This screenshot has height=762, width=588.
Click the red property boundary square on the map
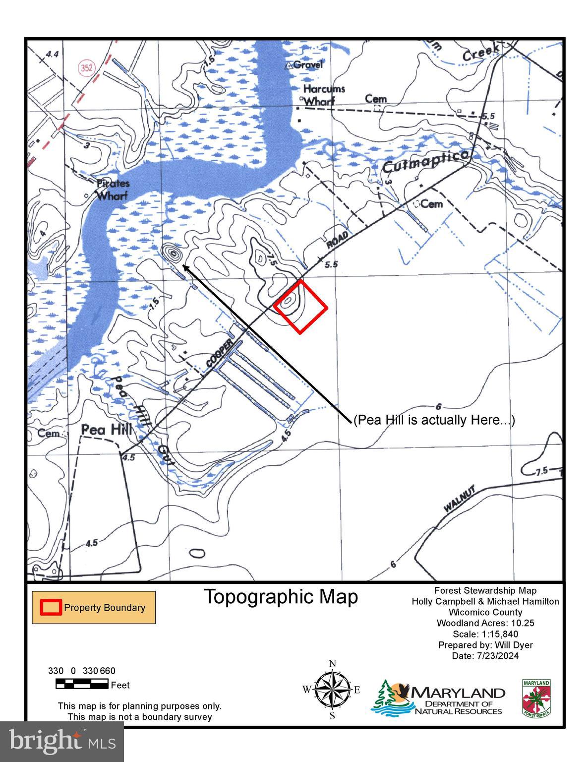301,307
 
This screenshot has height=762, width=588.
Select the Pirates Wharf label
112,190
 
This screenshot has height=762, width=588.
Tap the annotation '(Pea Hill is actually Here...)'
434,420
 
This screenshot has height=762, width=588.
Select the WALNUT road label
460,499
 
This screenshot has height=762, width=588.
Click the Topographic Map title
281,597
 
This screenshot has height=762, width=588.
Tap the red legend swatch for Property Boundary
51,608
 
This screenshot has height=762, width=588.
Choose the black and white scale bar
82,685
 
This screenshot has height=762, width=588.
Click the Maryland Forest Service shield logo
536,698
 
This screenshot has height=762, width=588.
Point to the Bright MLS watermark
62,742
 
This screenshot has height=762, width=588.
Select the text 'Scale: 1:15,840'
485,634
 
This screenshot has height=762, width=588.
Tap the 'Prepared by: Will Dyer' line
485,645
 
